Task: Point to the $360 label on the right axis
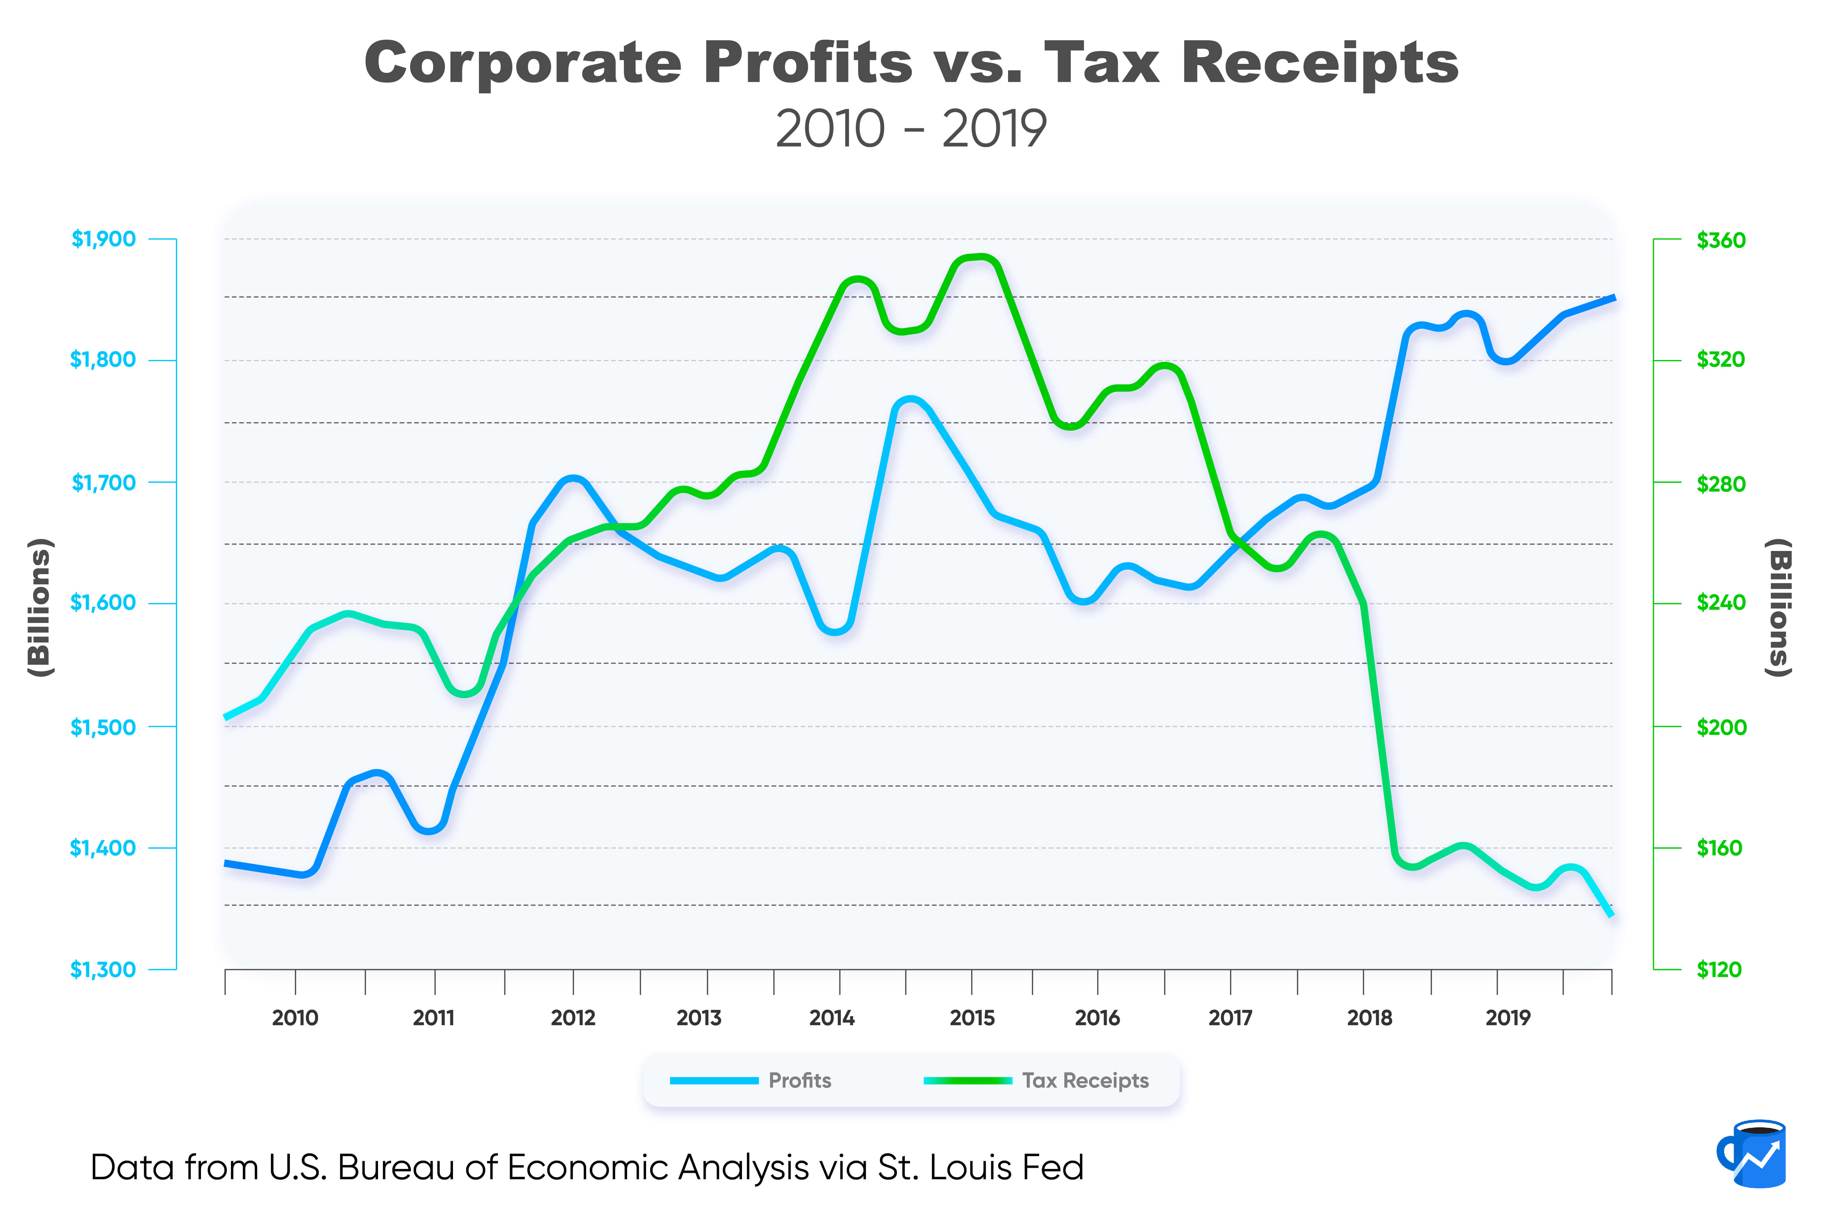[1721, 240]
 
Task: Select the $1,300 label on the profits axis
[103, 969]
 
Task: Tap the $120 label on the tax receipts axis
[1719, 969]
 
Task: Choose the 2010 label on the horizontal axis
[295, 1018]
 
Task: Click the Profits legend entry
[799, 1080]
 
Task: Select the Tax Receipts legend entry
[1085, 1080]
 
